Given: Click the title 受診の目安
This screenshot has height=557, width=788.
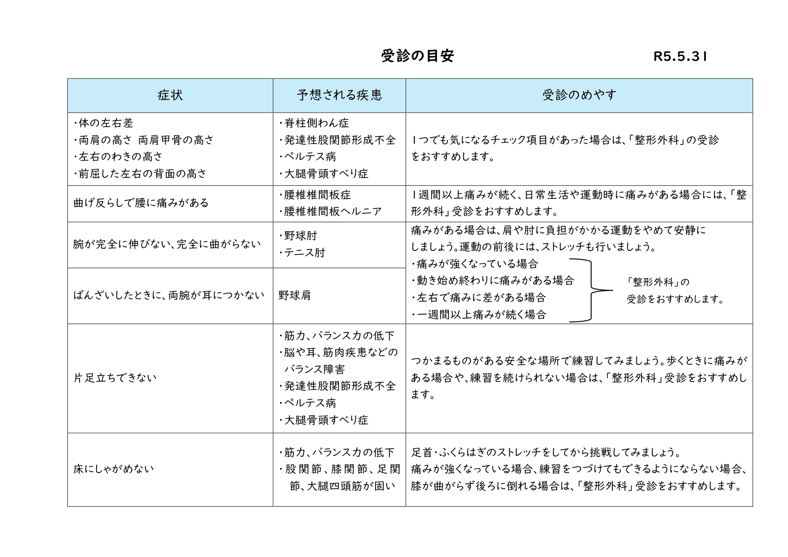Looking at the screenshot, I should click(x=417, y=56).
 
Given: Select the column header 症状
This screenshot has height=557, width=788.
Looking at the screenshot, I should click(x=170, y=95).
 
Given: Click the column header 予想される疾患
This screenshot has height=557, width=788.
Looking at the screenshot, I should click(x=339, y=95).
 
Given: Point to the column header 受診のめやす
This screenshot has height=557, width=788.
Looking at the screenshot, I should click(x=579, y=95).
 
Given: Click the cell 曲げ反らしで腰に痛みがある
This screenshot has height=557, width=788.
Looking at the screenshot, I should click(x=141, y=203).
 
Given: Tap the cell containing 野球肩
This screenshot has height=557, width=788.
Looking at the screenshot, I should click(x=295, y=295).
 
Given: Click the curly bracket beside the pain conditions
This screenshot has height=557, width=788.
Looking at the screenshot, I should click(x=591, y=290).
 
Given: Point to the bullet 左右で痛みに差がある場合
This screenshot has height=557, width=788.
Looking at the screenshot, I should click(x=481, y=298).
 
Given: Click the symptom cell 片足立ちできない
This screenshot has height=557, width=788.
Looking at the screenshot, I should click(x=115, y=378).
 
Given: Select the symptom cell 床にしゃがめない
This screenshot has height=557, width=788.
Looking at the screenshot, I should click(x=114, y=469).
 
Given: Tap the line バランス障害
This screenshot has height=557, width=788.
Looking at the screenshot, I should click(x=314, y=369).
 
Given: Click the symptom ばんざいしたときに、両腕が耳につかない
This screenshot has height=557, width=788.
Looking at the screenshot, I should click(x=169, y=295).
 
